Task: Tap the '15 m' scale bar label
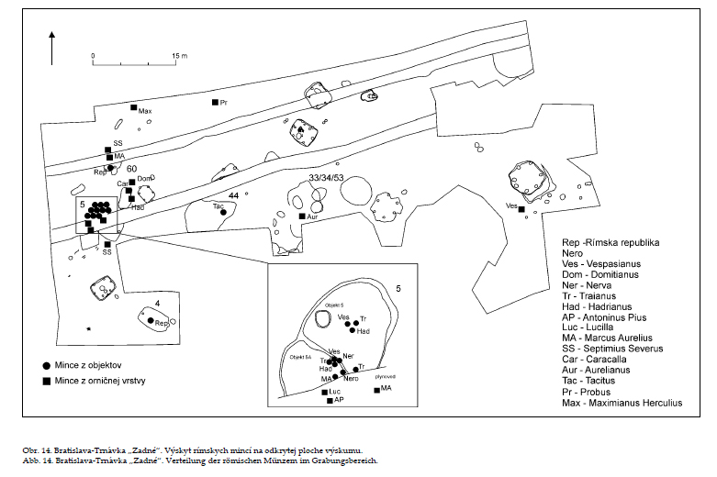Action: [178, 57]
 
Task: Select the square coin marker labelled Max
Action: [133, 107]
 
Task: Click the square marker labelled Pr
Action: [215, 102]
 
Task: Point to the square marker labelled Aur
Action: [302, 216]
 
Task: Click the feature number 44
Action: [234, 196]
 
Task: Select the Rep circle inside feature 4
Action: [151, 320]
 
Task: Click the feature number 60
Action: [132, 169]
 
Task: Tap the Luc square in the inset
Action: [325, 392]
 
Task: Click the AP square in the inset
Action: [330, 401]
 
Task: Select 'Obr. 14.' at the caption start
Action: [39, 450]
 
